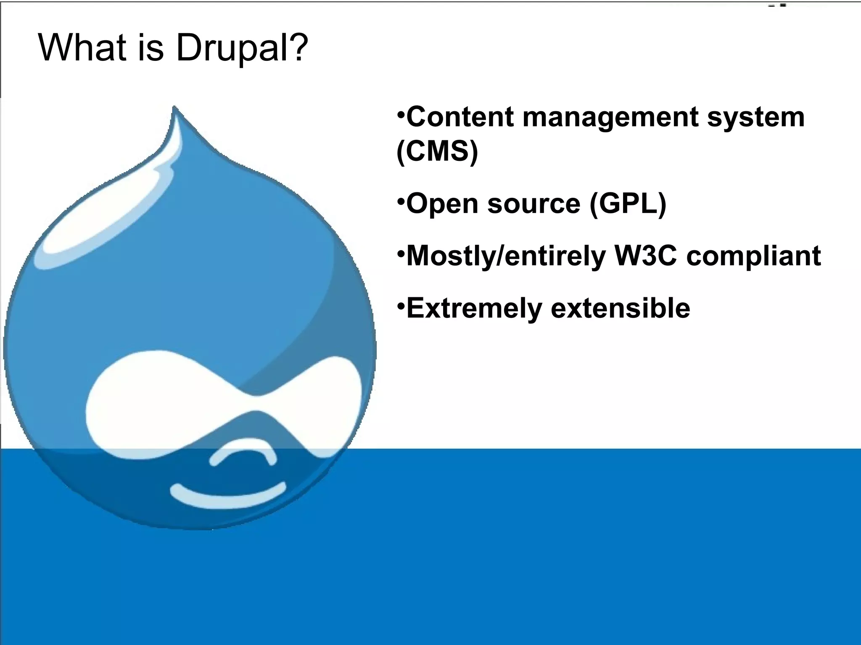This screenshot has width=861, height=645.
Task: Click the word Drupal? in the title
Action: tap(242, 48)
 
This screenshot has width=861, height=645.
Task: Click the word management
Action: tap(610, 118)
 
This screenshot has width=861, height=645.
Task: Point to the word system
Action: tap(755, 118)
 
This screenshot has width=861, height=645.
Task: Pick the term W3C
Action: tap(645, 256)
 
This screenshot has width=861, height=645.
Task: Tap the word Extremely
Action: tap(474, 309)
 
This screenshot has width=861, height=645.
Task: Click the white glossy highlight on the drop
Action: tap(105, 223)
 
